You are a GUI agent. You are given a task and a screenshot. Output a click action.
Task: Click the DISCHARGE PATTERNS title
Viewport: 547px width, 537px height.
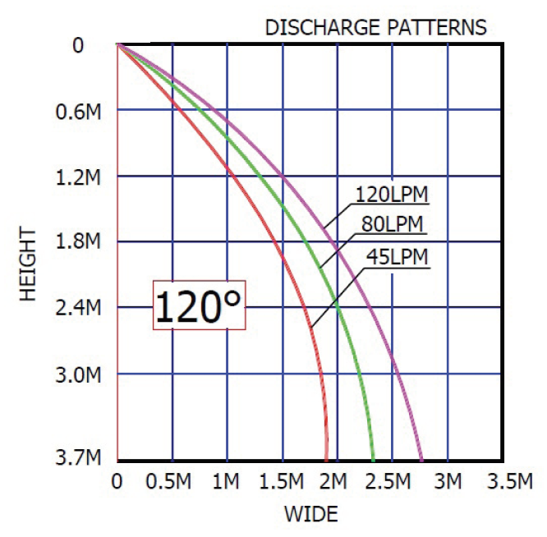[x=375, y=27]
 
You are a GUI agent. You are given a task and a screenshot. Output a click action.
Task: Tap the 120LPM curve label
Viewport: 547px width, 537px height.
[x=393, y=195]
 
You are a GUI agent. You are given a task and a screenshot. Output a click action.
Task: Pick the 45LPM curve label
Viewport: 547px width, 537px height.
[x=398, y=257]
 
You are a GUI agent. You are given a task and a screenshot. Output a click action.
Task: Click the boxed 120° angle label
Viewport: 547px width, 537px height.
[x=200, y=307]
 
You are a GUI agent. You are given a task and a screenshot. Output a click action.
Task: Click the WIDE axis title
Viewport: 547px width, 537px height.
[x=310, y=516]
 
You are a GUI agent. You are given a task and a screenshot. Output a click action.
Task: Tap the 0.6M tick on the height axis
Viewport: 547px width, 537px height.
[x=79, y=111]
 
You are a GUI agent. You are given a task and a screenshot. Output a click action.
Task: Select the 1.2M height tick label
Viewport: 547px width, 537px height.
[x=79, y=177]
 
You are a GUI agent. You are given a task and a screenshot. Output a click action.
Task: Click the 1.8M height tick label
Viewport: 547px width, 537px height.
[x=79, y=242]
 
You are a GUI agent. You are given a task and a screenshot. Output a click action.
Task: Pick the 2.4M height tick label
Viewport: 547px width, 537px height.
[x=79, y=308]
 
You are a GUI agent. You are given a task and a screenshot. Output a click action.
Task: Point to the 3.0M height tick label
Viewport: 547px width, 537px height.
[x=79, y=375]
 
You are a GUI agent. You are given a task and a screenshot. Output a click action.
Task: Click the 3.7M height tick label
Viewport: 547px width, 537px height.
[x=79, y=459]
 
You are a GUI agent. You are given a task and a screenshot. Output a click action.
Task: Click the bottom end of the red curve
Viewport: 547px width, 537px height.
[x=326, y=459]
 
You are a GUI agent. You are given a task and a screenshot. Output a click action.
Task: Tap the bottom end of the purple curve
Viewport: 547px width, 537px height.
[x=421, y=459]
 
